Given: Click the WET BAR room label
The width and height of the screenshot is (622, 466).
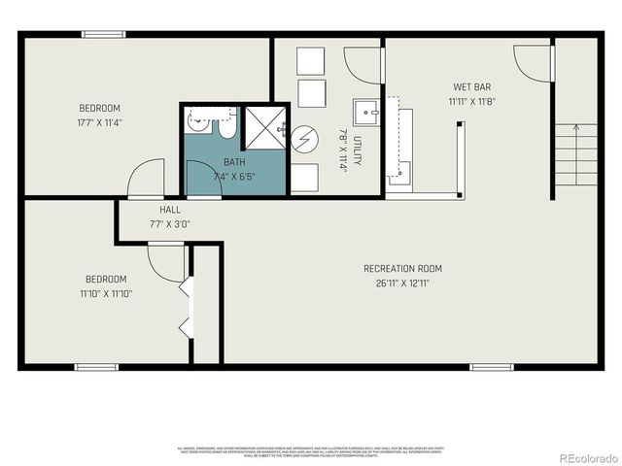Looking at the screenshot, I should pos(470,86).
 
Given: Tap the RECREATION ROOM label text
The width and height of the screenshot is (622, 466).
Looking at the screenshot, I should pos(402,269).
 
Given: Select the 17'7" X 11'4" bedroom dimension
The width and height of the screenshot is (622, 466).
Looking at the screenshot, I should pos(99,123).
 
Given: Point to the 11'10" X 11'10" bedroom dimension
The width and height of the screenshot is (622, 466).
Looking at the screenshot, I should pos(105,293).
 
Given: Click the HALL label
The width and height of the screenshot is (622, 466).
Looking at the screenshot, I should pos(170,210).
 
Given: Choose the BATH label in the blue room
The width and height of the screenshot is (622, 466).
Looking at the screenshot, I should pos(234,162).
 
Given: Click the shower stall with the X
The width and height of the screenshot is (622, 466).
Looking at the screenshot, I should pos(263,127).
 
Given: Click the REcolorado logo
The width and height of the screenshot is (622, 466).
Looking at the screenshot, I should pos(583,458).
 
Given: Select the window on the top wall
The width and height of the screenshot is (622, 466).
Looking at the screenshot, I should pos(103,35).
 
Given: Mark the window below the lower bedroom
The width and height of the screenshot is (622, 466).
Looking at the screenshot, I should pos(96,367).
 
